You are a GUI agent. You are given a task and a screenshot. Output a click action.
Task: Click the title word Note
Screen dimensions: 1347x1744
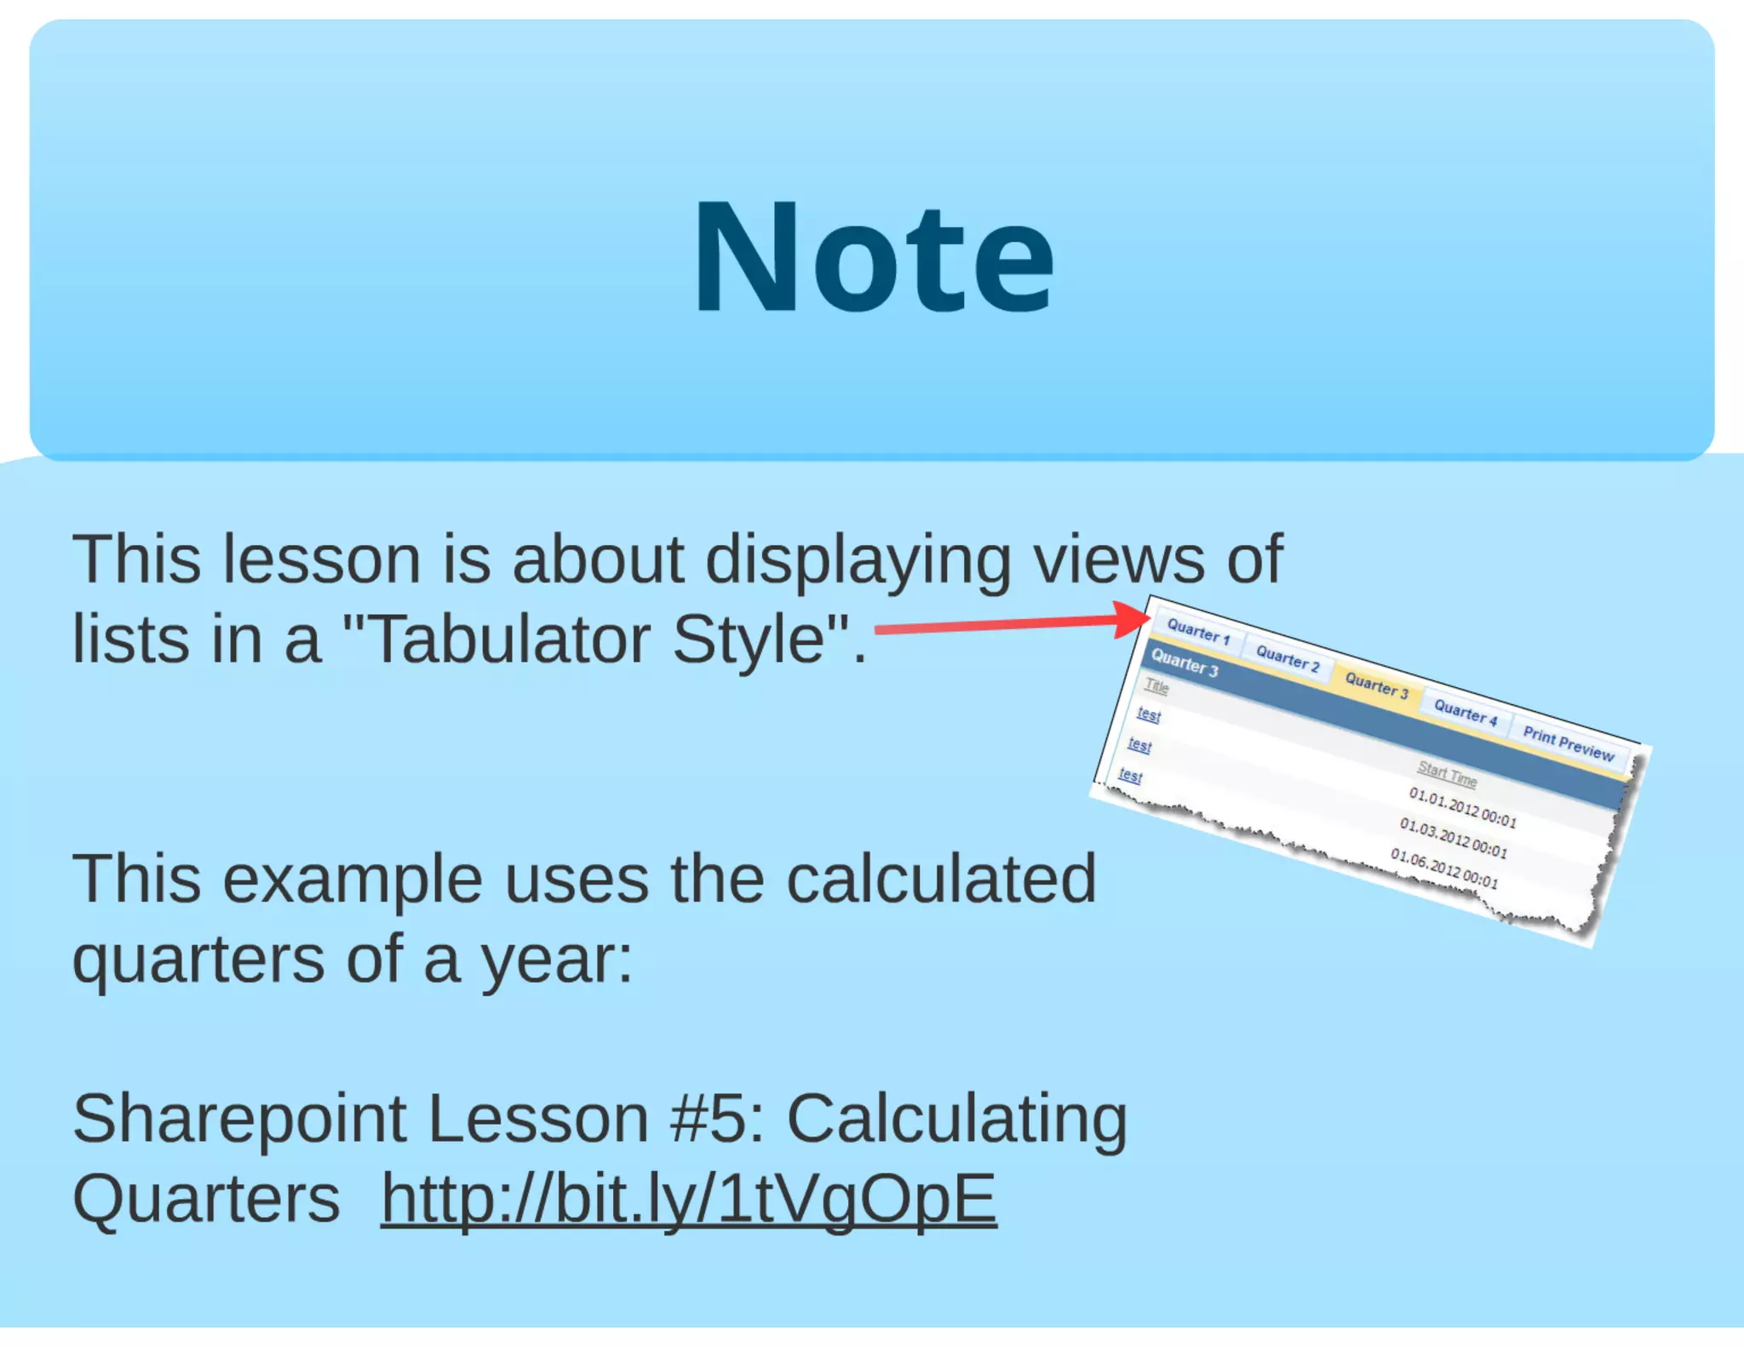874,258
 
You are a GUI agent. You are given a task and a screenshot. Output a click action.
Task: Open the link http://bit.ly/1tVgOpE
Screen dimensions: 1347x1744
688,1199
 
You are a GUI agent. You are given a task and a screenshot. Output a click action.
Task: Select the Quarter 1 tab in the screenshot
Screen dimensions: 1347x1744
1198,632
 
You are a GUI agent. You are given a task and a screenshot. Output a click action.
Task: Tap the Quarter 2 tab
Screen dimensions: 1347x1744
1288,659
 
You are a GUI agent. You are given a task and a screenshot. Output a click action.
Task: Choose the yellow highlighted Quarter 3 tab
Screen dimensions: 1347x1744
1376,686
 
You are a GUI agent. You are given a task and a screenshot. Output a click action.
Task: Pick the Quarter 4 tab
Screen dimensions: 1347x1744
1466,713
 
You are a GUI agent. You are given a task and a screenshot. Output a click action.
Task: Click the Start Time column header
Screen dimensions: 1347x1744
1447,775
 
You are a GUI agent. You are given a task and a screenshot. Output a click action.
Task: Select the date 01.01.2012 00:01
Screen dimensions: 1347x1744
1462,808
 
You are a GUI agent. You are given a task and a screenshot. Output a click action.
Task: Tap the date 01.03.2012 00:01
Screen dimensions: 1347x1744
1454,839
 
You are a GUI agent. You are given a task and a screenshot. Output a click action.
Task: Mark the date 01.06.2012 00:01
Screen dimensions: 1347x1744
1444,868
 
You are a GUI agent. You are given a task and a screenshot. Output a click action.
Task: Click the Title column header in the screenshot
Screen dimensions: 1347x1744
1156,686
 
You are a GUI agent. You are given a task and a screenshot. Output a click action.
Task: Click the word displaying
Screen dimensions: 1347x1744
858,560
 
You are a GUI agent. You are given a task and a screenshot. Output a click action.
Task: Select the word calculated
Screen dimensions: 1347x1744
941,880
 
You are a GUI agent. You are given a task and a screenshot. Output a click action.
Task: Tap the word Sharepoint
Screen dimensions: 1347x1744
239,1119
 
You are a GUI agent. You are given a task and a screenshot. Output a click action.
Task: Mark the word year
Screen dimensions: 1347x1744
556,960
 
